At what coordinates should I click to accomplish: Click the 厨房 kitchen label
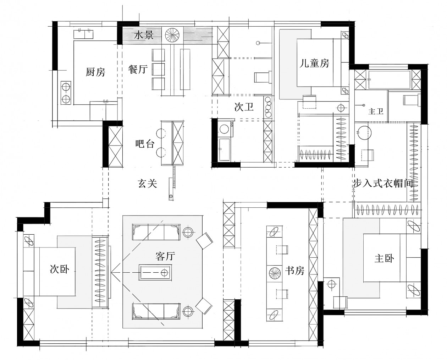pos(95,72)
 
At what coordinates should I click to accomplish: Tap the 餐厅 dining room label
pos(138,69)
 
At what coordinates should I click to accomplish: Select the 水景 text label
pos(143,36)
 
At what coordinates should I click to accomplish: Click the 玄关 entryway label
pos(147,184)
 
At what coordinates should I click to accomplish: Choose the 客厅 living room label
pos(165,256)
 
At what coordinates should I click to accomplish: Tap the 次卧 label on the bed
pos(59,270)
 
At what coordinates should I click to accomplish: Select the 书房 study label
pos(295,271)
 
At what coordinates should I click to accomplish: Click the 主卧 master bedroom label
pos(384,258)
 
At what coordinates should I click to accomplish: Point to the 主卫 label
pos(376,111)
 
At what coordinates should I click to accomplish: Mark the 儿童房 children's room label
pos(314,63)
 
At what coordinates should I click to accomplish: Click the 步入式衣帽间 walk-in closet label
pos(384,184)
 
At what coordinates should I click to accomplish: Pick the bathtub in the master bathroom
pos(389,80)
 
